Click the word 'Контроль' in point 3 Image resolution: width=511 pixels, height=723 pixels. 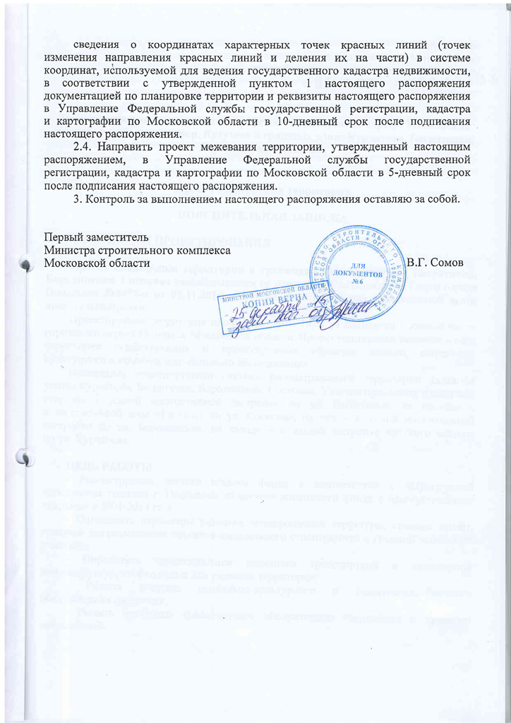coord(109,200)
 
